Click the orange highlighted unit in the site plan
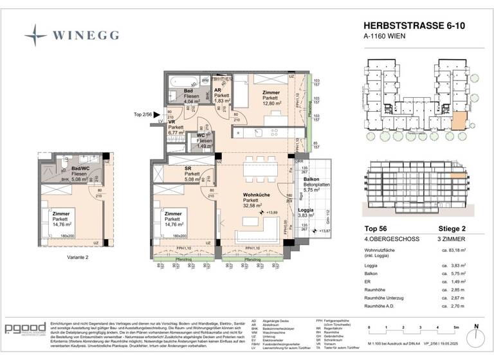tap(458, 121)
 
